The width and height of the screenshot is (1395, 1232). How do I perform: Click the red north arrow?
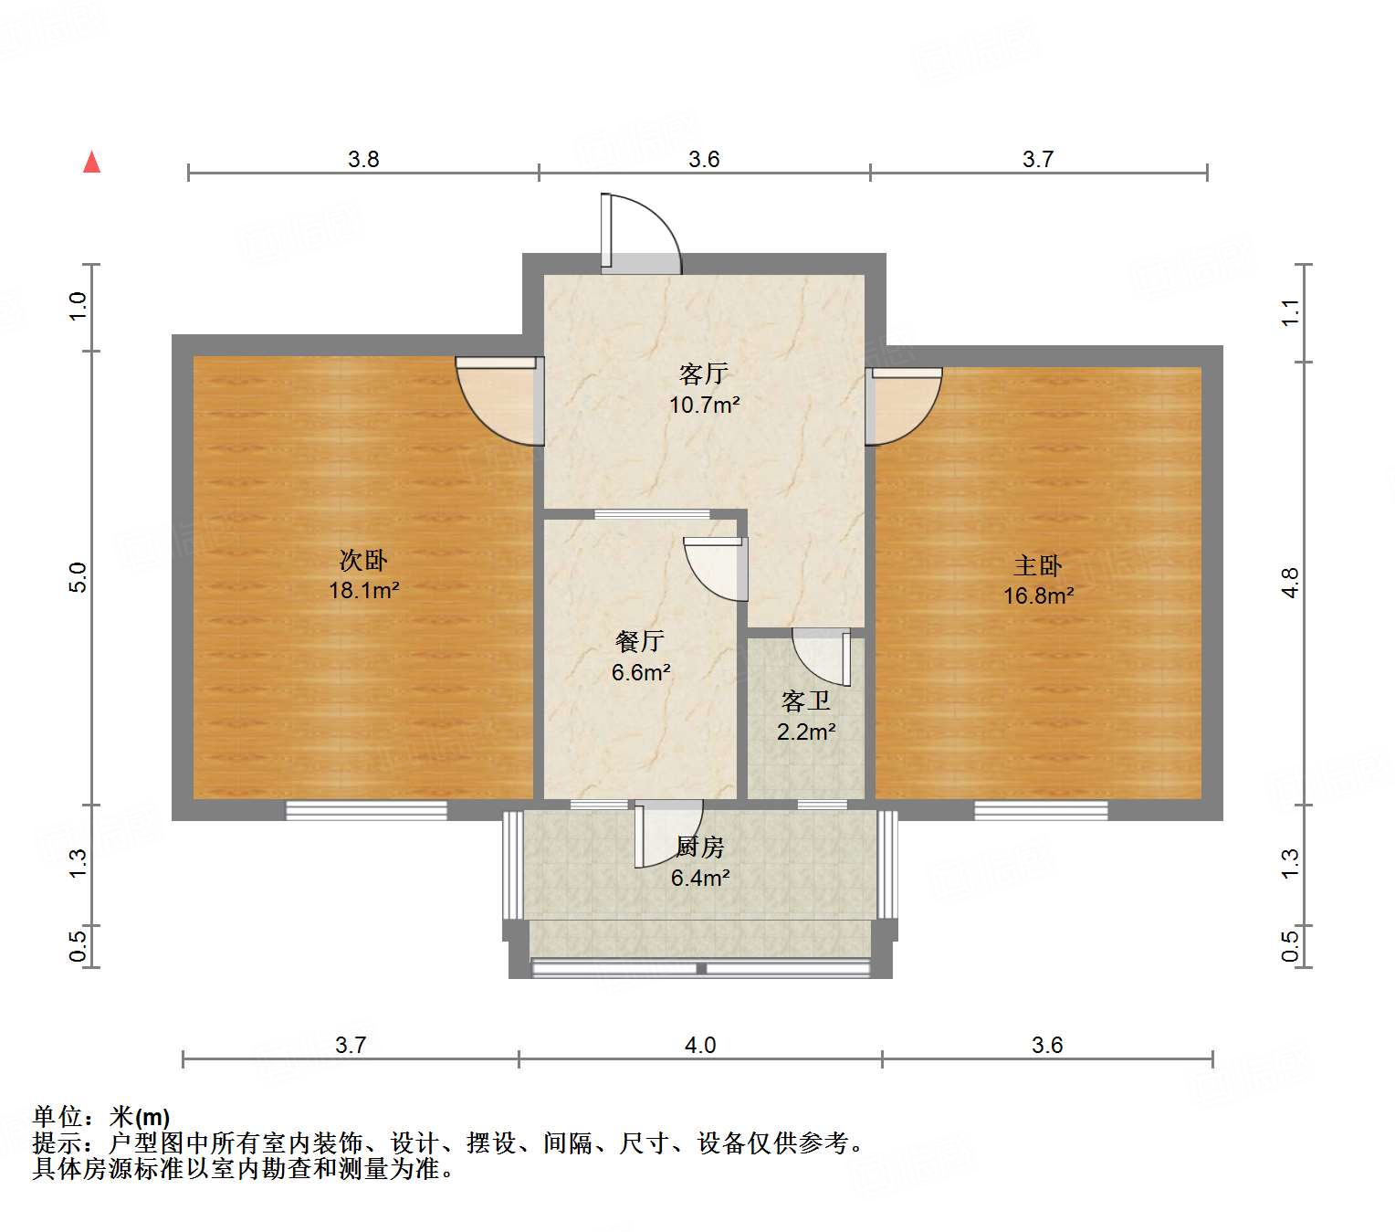tap(91, 162)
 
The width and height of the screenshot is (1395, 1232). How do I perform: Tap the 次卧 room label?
tap(363, 560)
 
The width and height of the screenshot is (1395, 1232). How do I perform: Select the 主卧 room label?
tap(1038, 566)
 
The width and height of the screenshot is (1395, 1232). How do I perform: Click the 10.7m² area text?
tap(704, 405)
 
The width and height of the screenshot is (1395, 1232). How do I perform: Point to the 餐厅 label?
tap(639, 642)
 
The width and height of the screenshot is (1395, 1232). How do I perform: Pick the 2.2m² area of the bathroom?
tap(806, 732)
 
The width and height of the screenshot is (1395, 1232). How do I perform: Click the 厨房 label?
tap(700, 848)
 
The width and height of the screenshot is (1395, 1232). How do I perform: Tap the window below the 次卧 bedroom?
tap(366, 810)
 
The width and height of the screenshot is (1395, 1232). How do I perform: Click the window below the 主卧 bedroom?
tap(1041, 810)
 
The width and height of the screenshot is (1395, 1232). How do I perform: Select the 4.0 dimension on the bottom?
tap(700, 1045)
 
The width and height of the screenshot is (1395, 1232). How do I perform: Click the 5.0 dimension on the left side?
tap(79, 577)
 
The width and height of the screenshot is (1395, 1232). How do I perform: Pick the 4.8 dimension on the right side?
tap(1289, 582)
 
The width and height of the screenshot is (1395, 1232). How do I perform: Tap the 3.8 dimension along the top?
tap(363, 160)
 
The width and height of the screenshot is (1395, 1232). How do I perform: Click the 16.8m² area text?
tap(1038, 596)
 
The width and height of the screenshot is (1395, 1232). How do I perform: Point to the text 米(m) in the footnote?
tap(140, 1116)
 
